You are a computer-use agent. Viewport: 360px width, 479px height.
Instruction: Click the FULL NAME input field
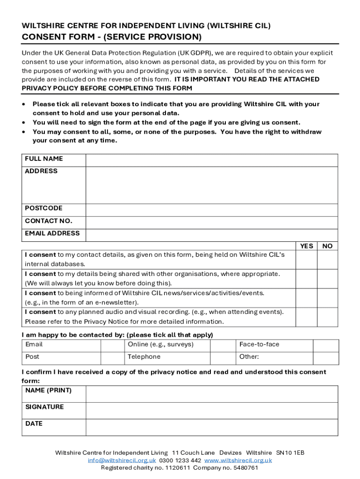coord(211,160)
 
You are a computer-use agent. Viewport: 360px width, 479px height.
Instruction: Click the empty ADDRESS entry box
coord(211,185)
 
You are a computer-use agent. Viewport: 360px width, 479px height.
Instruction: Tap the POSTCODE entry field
coord(211,210)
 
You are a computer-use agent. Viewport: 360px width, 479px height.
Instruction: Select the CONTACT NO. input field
coord(211,223)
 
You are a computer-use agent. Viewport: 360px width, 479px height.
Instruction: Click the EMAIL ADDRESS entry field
coord(211,235)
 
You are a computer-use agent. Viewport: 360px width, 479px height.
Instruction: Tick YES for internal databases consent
coord(306,260)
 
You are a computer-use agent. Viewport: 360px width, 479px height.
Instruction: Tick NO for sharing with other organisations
coord(327,279)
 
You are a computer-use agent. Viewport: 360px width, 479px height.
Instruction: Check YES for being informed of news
coord(306,298)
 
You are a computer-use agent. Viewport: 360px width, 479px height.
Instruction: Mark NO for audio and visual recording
coord(327,317)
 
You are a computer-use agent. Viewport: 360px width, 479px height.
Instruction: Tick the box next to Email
coord(112,346)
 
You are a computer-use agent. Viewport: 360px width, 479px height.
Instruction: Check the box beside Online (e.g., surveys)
coord(222,346)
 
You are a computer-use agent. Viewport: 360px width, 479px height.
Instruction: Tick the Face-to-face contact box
coord(325,346)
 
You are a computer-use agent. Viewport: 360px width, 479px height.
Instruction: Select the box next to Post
coord(112,358)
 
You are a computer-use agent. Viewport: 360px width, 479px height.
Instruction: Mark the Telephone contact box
coord(222,358)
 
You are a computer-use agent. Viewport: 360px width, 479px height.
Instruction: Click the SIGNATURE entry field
coord(211,411)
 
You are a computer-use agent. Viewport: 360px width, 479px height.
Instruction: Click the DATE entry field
coord(211,427)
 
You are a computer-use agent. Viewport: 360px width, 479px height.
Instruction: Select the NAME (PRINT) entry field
coord(211,394)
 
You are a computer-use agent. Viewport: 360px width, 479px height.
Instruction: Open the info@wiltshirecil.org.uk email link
coord(122,460)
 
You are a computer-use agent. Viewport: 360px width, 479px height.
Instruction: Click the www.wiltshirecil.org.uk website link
coord(238,460)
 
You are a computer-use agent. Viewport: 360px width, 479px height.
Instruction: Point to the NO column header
coord(328,246)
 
